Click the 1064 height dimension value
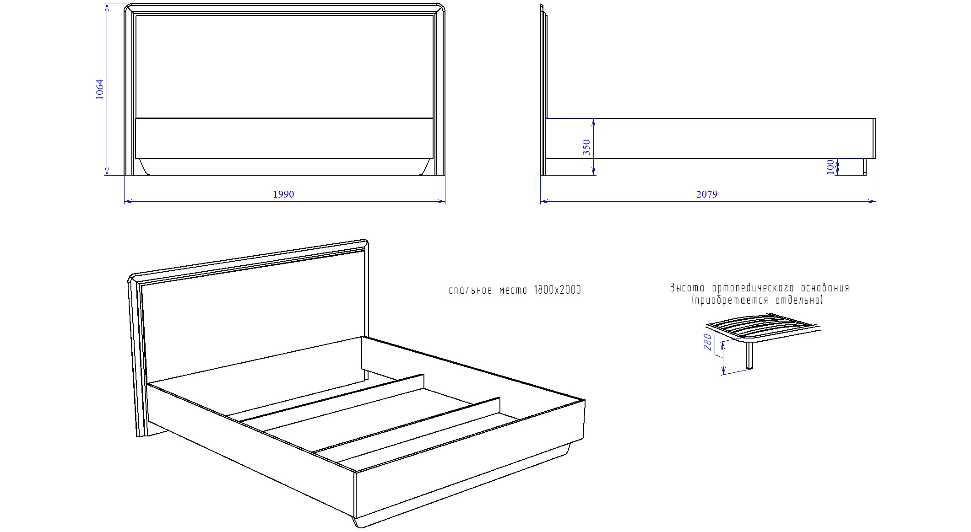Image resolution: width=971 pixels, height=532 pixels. tap(100, 89)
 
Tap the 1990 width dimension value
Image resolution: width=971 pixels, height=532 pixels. tap(283, 194)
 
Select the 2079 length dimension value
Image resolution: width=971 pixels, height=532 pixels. tap(707, 194)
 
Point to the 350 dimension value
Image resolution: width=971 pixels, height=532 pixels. tap(586, 147)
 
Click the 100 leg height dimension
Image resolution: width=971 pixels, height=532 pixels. tap(830, 167)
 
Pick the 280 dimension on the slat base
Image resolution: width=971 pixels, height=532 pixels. tap(708, 343)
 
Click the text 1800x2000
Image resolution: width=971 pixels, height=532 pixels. tap(557, 290)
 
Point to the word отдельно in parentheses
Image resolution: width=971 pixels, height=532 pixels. tap(799, 301)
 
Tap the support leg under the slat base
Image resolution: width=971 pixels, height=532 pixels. tap(750, 355)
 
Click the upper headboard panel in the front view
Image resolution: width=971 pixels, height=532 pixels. tap(284, 66)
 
